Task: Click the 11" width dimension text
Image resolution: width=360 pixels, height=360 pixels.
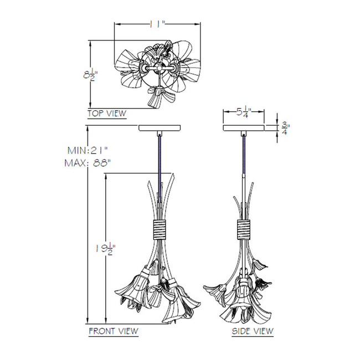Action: [158, 24]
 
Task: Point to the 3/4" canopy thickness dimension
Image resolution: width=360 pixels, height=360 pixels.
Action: [285, 128]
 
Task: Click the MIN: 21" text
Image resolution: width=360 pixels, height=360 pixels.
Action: [88, 151]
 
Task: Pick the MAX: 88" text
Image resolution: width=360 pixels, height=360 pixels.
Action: [88, 163]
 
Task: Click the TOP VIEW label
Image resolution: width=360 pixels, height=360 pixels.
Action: [107, 114]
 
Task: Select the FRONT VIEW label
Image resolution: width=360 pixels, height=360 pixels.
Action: [114, 331]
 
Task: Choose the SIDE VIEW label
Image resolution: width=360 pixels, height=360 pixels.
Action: [253, 331]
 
